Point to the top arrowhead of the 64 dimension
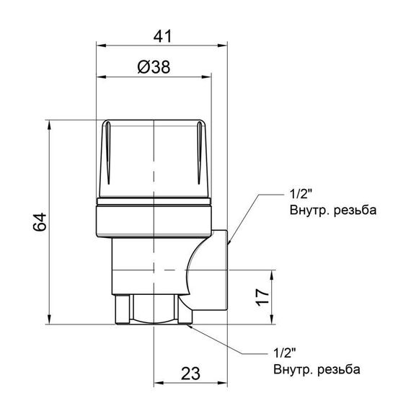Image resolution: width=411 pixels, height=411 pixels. pyautogui.click(x=50, y=123)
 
